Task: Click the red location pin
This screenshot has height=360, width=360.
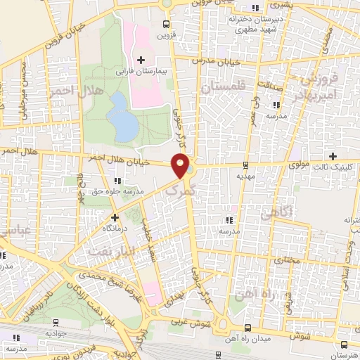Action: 181,165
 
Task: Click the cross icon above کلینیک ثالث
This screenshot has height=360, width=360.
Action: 333,156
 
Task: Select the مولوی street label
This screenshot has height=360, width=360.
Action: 300,166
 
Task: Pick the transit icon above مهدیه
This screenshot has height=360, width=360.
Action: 245,165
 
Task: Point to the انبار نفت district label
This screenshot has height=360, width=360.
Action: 96,250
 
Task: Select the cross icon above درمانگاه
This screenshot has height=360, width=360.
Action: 115,217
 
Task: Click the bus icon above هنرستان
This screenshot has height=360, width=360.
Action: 342,345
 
